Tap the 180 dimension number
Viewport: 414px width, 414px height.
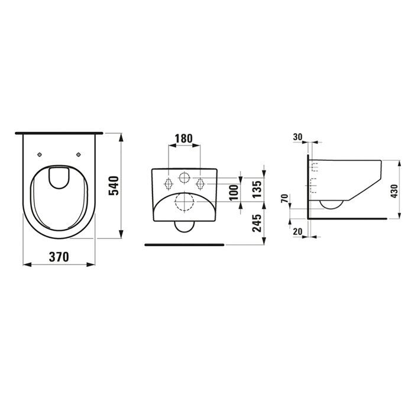[185, 139]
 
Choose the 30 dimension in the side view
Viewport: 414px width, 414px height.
[297, 137]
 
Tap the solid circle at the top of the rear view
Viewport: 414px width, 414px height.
[184, 177]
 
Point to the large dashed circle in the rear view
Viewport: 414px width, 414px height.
[185, 202]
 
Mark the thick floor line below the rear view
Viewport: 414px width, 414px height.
[185, 243]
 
